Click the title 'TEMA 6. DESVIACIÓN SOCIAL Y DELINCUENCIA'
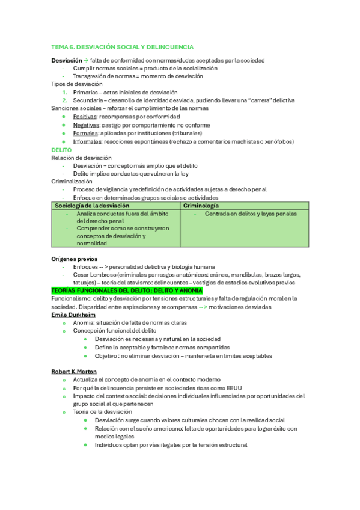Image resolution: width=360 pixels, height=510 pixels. pos(122,46)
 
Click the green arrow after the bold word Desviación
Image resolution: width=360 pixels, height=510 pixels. pos(85,60)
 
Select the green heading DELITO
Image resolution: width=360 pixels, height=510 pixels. pos(61,150)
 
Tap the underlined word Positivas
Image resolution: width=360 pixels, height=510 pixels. pos(85,116)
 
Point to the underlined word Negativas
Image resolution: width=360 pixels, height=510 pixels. pos(86,124)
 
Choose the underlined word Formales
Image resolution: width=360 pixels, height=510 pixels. pos(85,133)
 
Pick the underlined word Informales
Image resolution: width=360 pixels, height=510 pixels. pos(87,141)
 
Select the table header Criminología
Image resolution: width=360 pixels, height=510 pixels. pos(201,206)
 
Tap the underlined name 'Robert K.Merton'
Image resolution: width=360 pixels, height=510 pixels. pos(74,372)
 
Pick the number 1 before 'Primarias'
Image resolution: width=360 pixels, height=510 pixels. pos(64,93)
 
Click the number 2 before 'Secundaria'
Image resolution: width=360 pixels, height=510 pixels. pos(64,100)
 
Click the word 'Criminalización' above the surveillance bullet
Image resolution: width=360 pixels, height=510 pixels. pos(72,181)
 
